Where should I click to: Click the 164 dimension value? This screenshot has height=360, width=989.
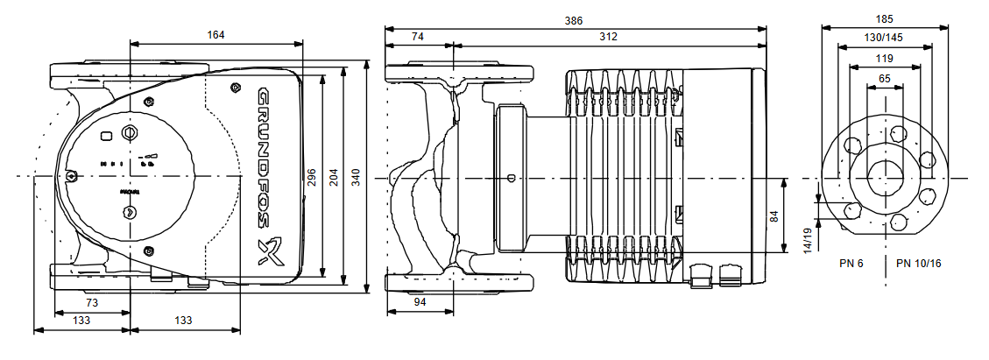(215, 35)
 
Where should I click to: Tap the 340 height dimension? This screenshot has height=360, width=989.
(356, 178)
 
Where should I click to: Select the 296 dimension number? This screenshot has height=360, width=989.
(313, 178)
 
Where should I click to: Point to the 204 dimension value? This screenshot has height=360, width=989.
(334, 178)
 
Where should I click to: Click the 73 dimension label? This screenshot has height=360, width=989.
(91, 302)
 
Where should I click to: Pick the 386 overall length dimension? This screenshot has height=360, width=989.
(575, 18)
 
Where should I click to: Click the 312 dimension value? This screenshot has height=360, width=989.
(608, 37)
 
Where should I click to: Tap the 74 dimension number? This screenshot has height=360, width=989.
(418, 37)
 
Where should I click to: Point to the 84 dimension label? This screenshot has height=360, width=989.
(774, 215)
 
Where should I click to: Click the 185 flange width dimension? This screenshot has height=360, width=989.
(884, 18)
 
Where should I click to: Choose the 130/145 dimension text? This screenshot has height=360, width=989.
(884, 38)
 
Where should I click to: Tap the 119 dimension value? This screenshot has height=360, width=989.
(884, 59)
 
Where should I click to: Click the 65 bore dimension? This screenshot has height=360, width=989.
(884, 79)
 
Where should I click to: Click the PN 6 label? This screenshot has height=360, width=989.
(851, 264)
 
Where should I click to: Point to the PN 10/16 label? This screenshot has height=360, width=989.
(919, 264)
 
